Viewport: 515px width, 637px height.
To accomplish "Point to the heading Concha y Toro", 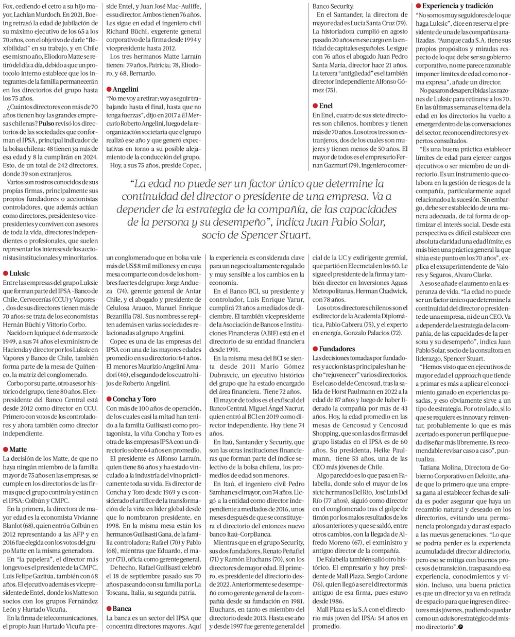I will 131,399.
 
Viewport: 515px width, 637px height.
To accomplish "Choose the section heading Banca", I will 122,608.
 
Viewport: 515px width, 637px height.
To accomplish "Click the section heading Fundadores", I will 337,349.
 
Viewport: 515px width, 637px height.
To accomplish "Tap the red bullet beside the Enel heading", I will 315,106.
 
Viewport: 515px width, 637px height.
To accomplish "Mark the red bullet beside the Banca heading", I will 108,608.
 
